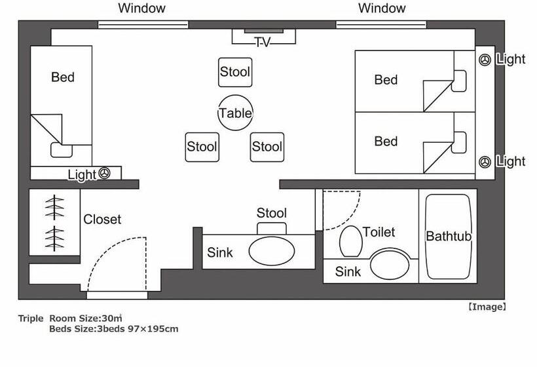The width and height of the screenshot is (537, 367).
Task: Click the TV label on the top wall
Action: (x=263, y=43)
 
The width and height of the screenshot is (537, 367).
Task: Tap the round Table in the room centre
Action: (x=235, y=113)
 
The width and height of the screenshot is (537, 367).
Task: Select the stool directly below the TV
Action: (x=235, y=72)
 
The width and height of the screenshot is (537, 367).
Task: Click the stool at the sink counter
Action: (x=272, y=228)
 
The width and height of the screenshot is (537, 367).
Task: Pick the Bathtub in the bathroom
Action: (x=449, y=237)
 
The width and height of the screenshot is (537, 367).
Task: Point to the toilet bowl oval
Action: (x=351, y=241)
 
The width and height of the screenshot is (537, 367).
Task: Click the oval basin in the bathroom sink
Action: (x=390, y=265)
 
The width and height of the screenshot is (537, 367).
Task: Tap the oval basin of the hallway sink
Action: (x=272, y=251)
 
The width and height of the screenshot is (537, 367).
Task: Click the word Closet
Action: (x=102, y=220)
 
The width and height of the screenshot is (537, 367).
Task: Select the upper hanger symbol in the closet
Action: (x=54, y=207)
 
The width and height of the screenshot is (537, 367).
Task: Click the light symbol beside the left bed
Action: (x=105, y=173)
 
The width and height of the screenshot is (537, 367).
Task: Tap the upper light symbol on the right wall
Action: (x=485, y=60)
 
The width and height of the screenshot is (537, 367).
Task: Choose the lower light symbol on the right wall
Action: (x=485, y=162)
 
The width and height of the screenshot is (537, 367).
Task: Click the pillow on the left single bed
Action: (x=62, y=150)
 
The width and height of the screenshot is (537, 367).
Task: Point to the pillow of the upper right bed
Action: (x=459, y=81)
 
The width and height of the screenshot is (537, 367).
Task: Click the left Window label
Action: (x=142, y=9)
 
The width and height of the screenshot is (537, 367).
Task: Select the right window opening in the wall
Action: (x=381, y=24)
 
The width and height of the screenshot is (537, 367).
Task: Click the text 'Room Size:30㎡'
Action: (x=86, y=319)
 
